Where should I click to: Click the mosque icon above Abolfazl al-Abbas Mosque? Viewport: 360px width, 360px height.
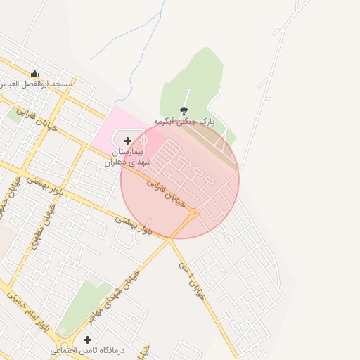[x=34, y=73]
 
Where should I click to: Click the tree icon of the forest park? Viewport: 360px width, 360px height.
[x=184, y=110]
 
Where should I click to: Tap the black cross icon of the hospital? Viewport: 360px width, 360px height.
[x=127, y=141]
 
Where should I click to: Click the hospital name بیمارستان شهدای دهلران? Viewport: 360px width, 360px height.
[x=124, y=157]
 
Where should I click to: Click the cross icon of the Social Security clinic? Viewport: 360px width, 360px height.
[x=87, y=340]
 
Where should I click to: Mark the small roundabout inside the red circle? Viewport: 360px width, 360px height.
[x=195, y=212]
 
